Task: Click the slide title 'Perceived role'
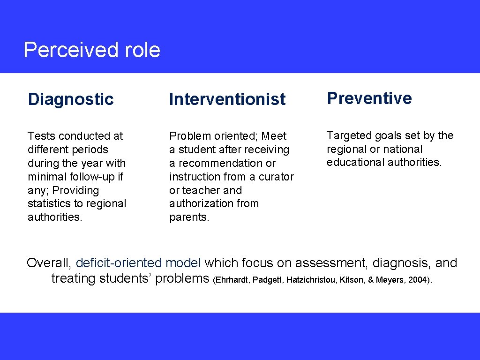(92, 50)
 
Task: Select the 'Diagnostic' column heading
(71, 99)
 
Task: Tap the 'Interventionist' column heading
(227, 99)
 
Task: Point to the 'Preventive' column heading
(369, 98)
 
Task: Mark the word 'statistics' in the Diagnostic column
(50, 204)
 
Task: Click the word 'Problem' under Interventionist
(189, 136)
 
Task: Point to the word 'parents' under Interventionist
(188, 217)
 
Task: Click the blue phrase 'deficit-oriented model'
(139, 262)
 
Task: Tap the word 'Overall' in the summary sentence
(48, 262)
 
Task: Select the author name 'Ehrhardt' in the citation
(232, 280)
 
